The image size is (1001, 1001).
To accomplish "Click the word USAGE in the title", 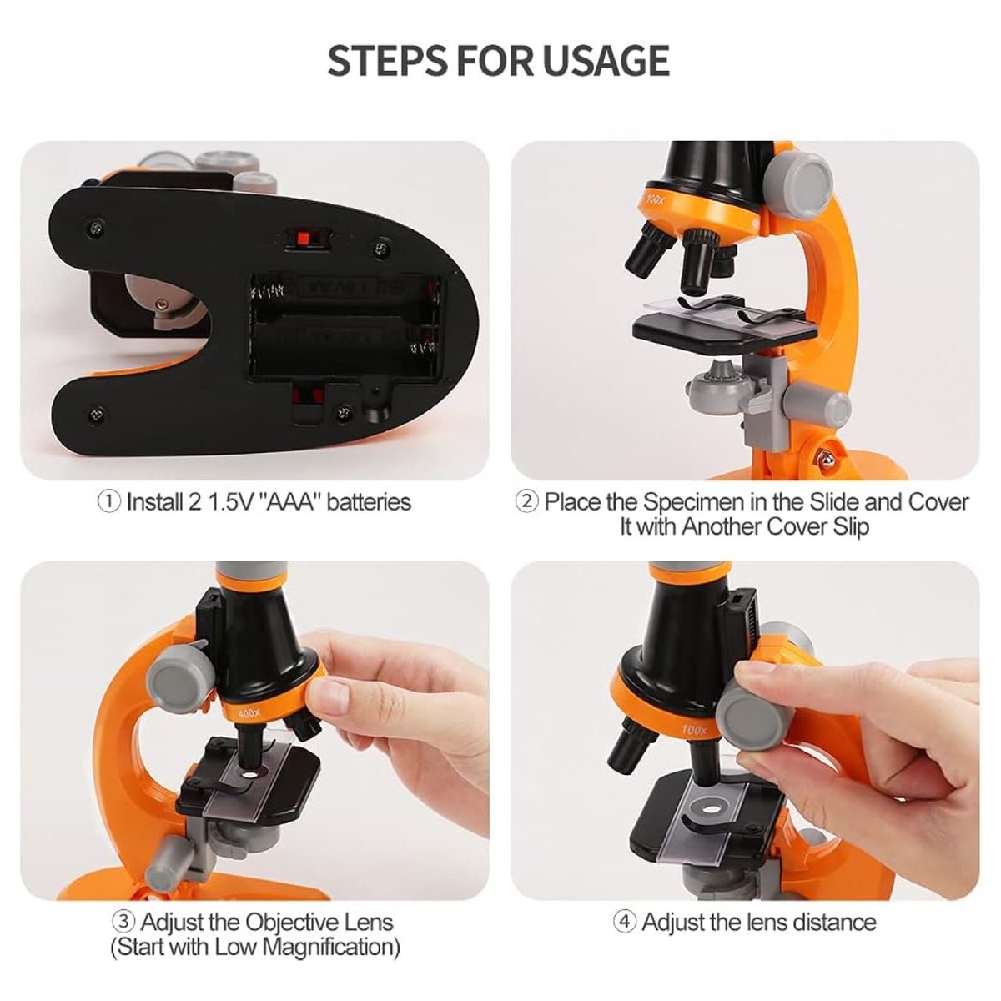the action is click(x=606, y=61).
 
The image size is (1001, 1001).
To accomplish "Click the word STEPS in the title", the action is click(x=388, y=61).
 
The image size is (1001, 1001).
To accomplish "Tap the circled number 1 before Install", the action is click(x=108, y=502).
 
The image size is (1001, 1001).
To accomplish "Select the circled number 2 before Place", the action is click(x=526, y=502).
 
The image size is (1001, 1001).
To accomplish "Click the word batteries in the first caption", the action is click(x=369, y=502).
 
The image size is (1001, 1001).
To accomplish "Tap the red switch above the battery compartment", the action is click(x=306, y=239).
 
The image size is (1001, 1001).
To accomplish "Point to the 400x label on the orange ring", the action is click(x=249, y=715).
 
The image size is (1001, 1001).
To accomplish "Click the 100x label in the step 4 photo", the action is click(x=692, y=731).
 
